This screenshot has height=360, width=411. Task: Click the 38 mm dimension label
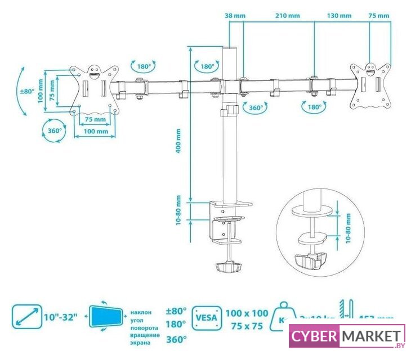pyautogui.click(x=231, y=15)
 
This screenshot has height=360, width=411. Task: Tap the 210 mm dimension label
pyautogui.click(x=287, y=15)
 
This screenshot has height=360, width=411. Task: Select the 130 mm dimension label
pyautogui.click(x=338, y=15)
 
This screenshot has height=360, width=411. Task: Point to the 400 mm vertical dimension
pyautogui.click(x=178, y=141)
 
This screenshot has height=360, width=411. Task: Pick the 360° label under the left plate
pyautogui.click(x=54, y=131)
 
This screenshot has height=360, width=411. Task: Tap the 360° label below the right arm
pyautogui.click(x=255, y=107)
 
